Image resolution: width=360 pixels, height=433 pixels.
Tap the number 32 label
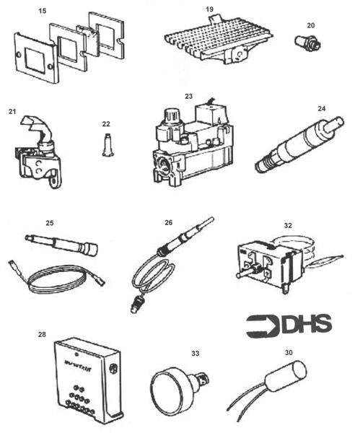coord(288,224)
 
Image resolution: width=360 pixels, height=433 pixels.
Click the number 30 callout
coord(289,353)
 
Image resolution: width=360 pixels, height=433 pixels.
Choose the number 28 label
coord(42,334)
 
